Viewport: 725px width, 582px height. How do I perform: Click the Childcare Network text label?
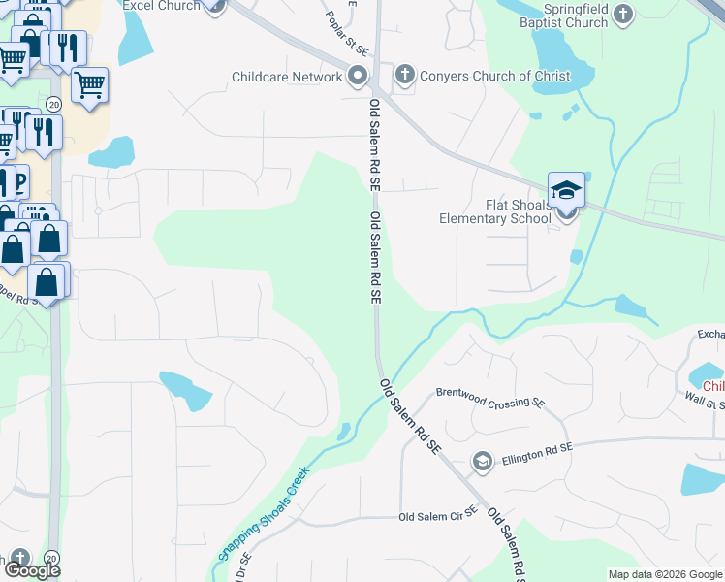(x=287, y=76)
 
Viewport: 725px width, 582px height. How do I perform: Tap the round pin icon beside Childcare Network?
(x=357, y=76)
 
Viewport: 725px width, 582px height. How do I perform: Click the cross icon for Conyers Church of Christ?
(x=404, y=74)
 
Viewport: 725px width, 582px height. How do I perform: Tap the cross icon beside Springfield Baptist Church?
(x=621, y=14)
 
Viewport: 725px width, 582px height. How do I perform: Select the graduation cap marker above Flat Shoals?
(x=566, y=190)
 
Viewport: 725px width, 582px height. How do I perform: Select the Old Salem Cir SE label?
(x=438, y=516)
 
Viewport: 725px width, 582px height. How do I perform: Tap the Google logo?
(x=31, y=570)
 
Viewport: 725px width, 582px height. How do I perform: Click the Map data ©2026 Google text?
(x=665, y=574)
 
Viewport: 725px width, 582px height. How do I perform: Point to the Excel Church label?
(x=162, y=6)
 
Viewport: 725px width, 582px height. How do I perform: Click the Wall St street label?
(x=705, y=397)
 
